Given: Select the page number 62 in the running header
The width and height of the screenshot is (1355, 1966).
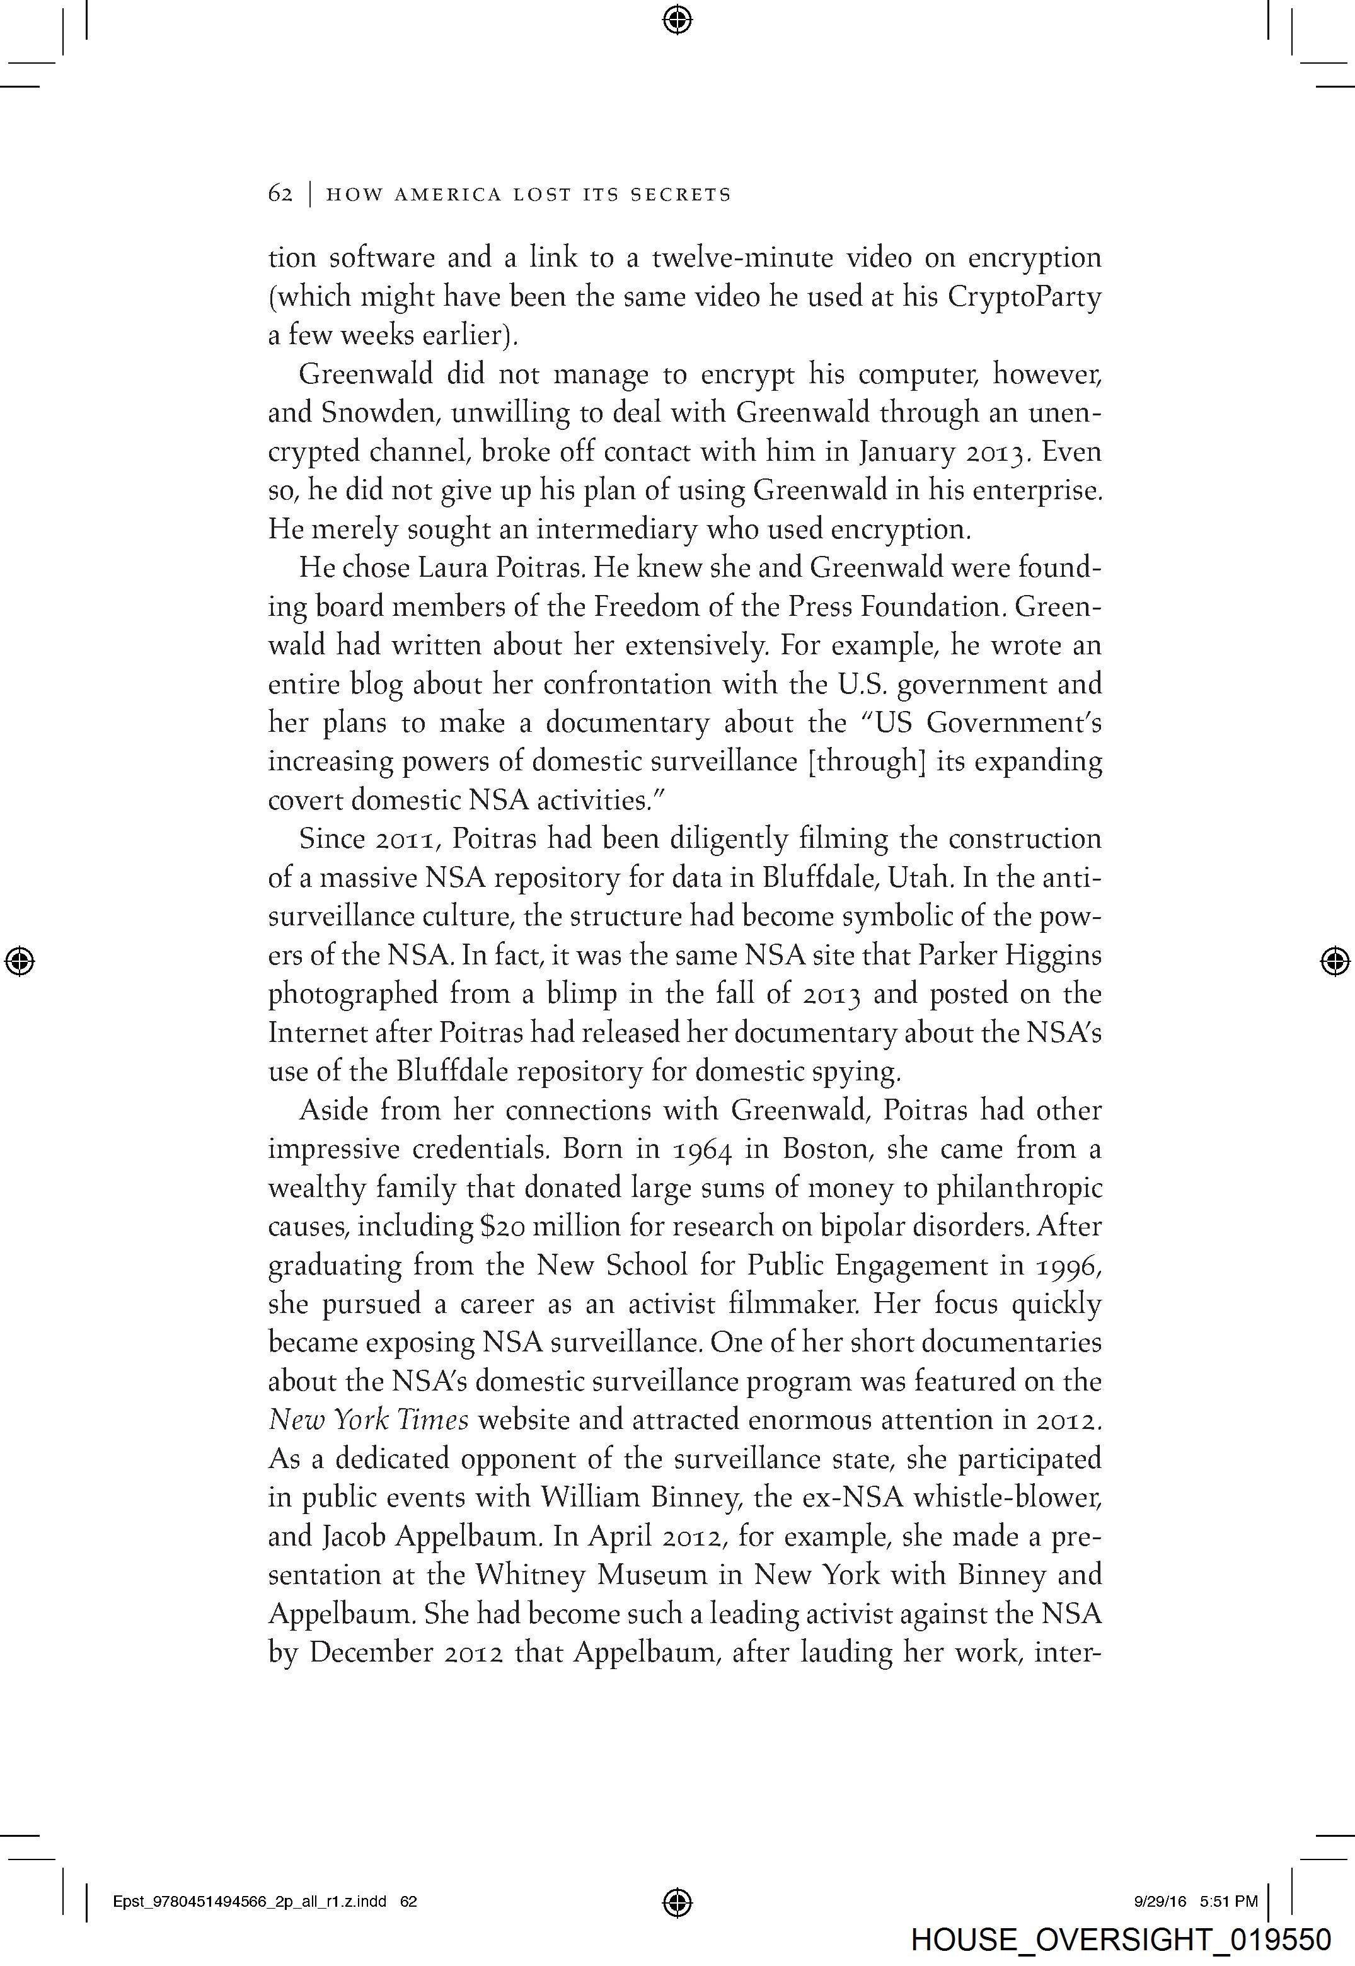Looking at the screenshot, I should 280,194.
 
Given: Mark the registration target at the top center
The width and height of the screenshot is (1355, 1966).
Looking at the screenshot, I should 677,19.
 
